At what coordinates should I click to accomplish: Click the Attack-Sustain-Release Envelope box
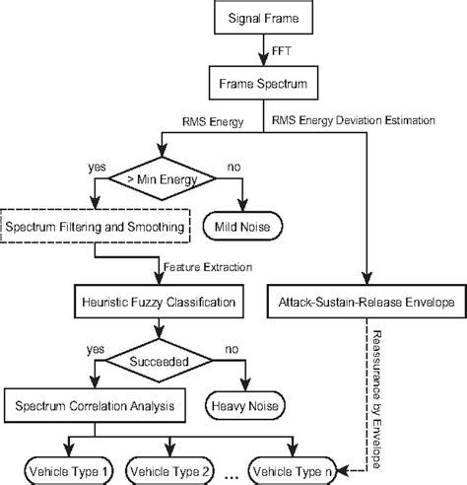coord(365,302)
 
